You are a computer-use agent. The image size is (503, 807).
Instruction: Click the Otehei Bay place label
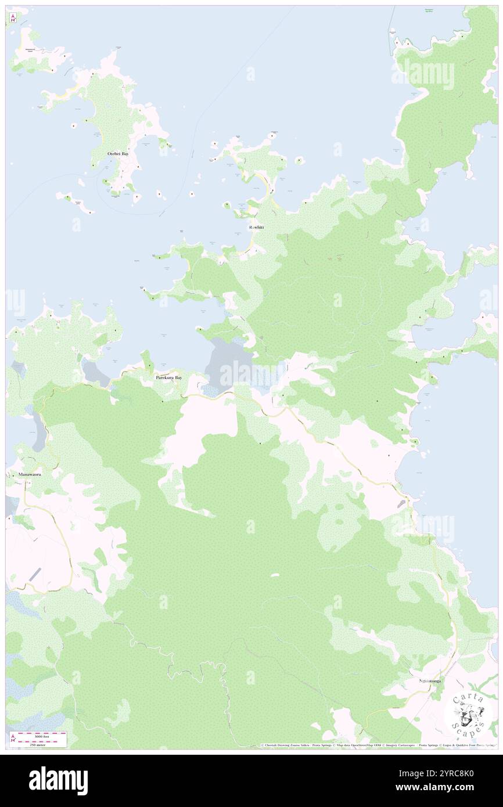pyautogui.click(x=118, y=154)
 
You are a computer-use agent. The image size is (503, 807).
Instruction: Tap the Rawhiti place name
pyautogui.click(x=256, y=227)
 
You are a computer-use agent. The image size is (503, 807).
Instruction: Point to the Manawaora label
pyautogui.click(x=28, y=474)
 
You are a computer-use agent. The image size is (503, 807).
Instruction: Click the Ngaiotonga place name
pyautogui.click(x=430, y=680)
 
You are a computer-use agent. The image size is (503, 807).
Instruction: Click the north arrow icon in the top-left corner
pyautogui.click(x=12, y=18)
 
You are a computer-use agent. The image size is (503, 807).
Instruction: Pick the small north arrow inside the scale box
pyautogui.click(x=13, y=738)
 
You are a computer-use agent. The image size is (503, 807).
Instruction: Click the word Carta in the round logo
pyautogui.click(x=468, y=700)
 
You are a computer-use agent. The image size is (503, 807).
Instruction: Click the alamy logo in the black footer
pyautogui.click(x=58, y=781)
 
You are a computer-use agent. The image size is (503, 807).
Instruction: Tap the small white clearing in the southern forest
pyautogui.click(x=274, y=575)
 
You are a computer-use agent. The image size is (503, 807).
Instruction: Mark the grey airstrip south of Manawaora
pyautogui.click(x=35, y=575)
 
